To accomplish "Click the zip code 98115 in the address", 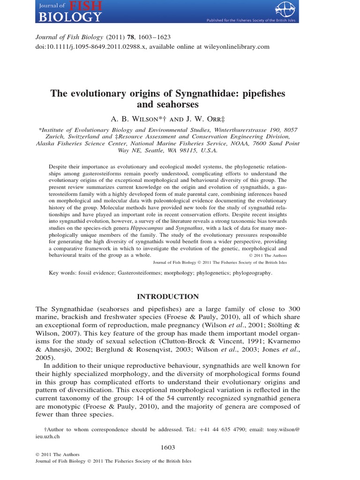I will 187,151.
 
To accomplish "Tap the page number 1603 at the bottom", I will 167,448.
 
